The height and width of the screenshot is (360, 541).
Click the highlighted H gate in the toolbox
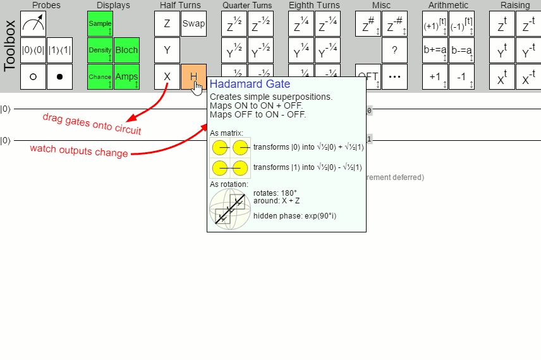(x=193, y=76)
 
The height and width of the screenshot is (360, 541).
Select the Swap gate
(x=193, y=24)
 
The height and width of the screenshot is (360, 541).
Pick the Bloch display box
(x=126, y=51)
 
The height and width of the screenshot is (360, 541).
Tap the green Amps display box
(x=126, y=76)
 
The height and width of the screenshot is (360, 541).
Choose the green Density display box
(x=100, y=51)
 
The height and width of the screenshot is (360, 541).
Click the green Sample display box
(x=100, y=24)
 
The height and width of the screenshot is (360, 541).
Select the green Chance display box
(x=100, y=76)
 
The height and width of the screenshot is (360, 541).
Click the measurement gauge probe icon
(x=33, y=24)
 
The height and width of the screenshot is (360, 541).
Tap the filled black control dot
(x=59, y=76)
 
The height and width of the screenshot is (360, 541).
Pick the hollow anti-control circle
(x=33, y=76)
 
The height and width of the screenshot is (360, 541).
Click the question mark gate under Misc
(x=394, y=51)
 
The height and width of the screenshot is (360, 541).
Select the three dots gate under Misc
(x=394, y=76)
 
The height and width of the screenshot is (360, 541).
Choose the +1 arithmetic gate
(x=435, y=76)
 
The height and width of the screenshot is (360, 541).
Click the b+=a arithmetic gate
(x=435, y=51)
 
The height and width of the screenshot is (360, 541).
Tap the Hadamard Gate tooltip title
(x=250, y=84)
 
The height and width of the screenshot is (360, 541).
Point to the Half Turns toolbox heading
(x=180, y=6)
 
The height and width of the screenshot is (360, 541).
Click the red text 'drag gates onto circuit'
(x=92, y=124)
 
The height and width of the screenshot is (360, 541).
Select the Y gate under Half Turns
(x=167, y=51)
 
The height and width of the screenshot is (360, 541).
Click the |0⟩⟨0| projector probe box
(x=33, y=51)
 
